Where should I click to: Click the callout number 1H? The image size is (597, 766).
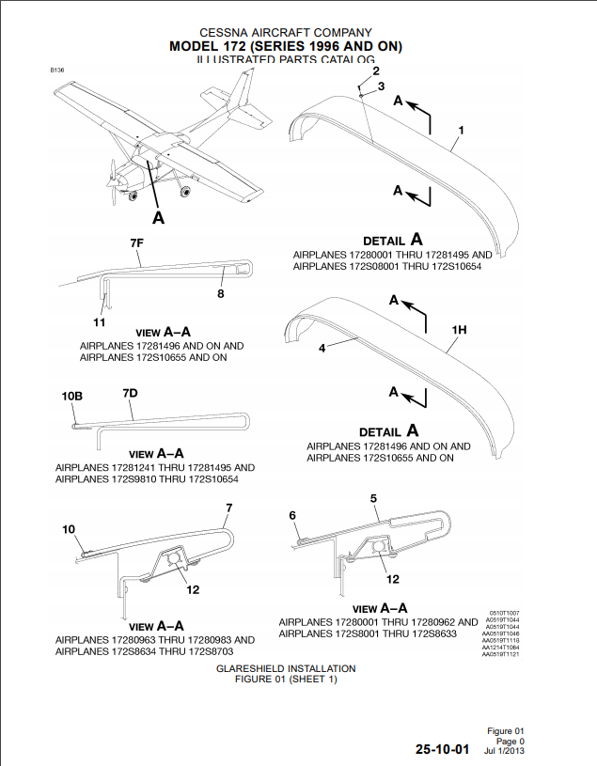[x=459, y=330]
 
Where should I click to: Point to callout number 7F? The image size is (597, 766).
[x=137, y=243]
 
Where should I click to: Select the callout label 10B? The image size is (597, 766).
[x=72, y=397]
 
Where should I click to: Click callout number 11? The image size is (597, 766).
[x=99, y=322]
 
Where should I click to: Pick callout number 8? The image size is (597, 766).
[x=221, y=294]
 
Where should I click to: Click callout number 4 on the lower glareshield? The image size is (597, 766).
[x=322, y=348]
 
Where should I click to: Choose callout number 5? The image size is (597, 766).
[x=373, y=497]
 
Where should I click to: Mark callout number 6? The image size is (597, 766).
[x=292, y=515]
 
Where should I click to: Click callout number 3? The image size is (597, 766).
[x=381, y=86]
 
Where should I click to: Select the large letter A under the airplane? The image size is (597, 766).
[x=158, y=218]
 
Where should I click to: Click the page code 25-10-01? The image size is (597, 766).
[x=443, y=750]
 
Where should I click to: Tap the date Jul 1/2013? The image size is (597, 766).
[x=503, y=751]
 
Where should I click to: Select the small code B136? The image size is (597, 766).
[x=57, y=70]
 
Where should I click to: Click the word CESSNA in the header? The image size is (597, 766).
[x=225, y=33]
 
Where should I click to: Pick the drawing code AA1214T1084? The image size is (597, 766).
[x=498, y=648]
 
